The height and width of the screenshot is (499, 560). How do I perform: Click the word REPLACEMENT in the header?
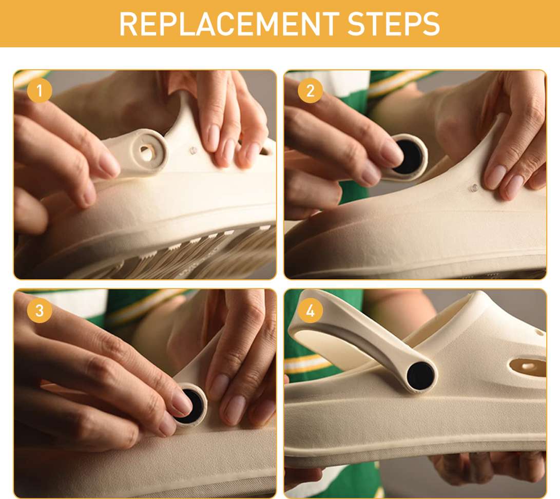pyautogui.click(x=229, y=24)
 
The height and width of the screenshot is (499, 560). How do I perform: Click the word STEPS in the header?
pyautogui.click(x=393, y=24)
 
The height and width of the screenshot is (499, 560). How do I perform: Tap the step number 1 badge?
pyautogui.click(x=40, y=91)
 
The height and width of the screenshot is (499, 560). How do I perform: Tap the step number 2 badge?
pyautogui.click(x=310, y=91)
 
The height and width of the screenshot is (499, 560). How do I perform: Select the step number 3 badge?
pyautogui.click(x=40, y=311)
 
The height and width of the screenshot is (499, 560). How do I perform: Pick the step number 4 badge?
pyautogui.click(x=310, y=311)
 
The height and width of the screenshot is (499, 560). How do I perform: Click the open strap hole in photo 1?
pyautogui.click(x=146, y=153)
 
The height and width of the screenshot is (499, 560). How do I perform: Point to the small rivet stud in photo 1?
pyautogui.click(x=193, y=150)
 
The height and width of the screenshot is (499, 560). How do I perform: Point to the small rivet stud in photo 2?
pyautogui.click(x=474, y=187)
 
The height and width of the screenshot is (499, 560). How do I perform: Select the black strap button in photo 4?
pyautogui.click(x=420, y=376)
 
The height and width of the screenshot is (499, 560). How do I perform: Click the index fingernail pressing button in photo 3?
pyautogui.click(x=180, y=404)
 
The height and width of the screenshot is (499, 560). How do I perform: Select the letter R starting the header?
pyautogui.click(x=127, y=24)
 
